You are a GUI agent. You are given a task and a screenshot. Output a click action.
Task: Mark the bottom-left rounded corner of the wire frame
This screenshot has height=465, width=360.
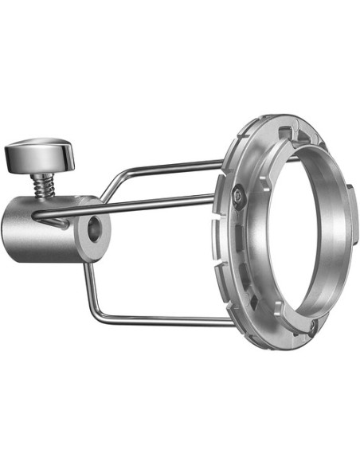click(93, 317)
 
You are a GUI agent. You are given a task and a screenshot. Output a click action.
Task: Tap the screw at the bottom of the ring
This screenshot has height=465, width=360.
click(312, 325)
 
